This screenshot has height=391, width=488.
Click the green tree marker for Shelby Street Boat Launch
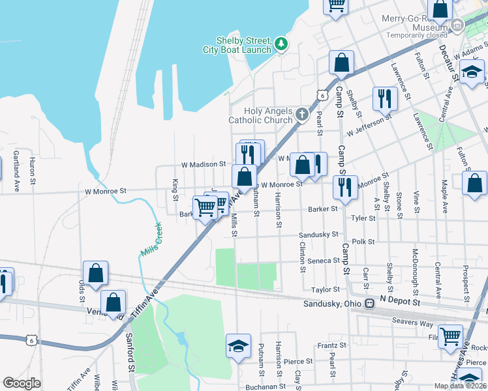[281, 44]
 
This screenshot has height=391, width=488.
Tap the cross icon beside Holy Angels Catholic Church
[301, 115]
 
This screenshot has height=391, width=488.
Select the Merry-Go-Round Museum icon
[457, 26]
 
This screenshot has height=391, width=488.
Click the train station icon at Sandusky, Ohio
[369, 304]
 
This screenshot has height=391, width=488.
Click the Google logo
[22, 383]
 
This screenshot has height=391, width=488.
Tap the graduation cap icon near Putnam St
[238, 346]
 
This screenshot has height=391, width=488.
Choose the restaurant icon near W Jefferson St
[384, 98]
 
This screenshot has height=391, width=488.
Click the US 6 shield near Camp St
[320, 95]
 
